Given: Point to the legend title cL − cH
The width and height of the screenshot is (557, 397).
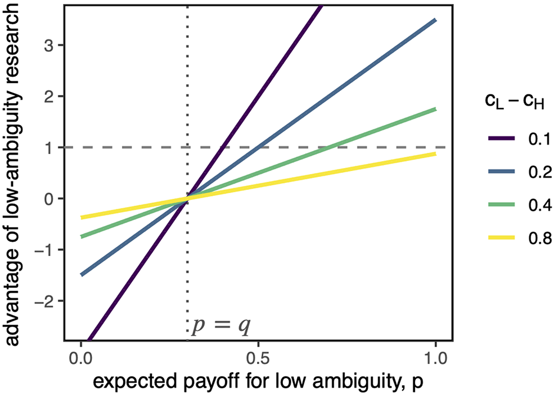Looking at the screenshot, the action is point(515,102).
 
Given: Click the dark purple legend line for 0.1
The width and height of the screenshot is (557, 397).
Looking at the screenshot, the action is point(502,138).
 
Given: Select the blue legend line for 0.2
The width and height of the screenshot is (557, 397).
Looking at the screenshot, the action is point(502,171).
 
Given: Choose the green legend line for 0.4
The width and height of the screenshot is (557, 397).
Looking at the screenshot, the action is point(502,204).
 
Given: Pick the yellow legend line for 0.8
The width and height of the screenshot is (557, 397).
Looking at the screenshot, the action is point(502,237).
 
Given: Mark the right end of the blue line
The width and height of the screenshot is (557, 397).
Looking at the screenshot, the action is point(436,20).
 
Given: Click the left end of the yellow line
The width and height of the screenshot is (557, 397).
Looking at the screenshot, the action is point(81,218).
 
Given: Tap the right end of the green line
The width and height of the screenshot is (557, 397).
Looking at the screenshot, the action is point(436,109).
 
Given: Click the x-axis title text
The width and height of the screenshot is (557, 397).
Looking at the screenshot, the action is point(258,382).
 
